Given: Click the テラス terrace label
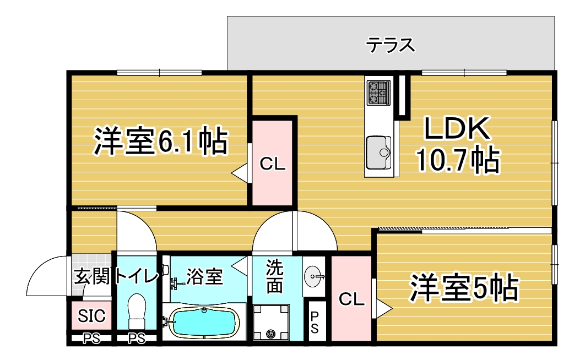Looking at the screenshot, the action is (x=390, y=45).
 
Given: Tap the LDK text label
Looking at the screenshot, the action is (x=457, y=129).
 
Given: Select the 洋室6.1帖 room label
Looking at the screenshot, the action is (x=160, y=141).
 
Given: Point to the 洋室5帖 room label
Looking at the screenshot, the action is (x=464, y=288).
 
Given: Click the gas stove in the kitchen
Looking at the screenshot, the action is (x=378, y=93).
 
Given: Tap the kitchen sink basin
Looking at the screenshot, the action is (x=378, y=152).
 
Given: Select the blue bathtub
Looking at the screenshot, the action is (x=204, y=323).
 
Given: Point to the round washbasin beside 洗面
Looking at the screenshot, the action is (x=313, y=277).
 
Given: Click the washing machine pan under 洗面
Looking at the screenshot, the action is (x=271, y=322).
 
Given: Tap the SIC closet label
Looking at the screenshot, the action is (x=92, y=315).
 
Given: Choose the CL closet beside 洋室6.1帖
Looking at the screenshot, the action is (x=273, y=163).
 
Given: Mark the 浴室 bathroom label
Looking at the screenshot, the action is (x=204, y=277).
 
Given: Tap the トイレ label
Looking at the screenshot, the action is (x=137, y=276).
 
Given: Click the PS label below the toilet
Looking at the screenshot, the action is (x=137, y=339).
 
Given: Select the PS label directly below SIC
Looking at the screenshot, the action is (x=91, y=339).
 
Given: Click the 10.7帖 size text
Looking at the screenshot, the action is (x=457, y=160).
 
